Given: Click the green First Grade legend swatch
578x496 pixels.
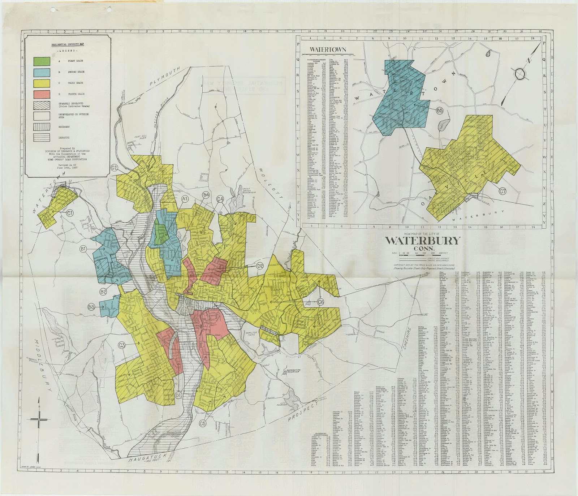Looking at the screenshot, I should (x=42, y=61).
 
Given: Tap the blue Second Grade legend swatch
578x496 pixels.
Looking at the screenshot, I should (x=42, y=72).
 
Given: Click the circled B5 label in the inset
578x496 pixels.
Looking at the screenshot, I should (x=440, y=111).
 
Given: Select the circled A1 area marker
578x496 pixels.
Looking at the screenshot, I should (x=185, y=199).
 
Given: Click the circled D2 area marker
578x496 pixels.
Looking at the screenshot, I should (x=260, y=266).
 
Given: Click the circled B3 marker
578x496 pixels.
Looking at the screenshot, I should (x=91, y=307).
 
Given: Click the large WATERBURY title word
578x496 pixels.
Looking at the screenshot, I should (x=423, y=241).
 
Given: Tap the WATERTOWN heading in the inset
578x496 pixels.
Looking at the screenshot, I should (x=326, y=49).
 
